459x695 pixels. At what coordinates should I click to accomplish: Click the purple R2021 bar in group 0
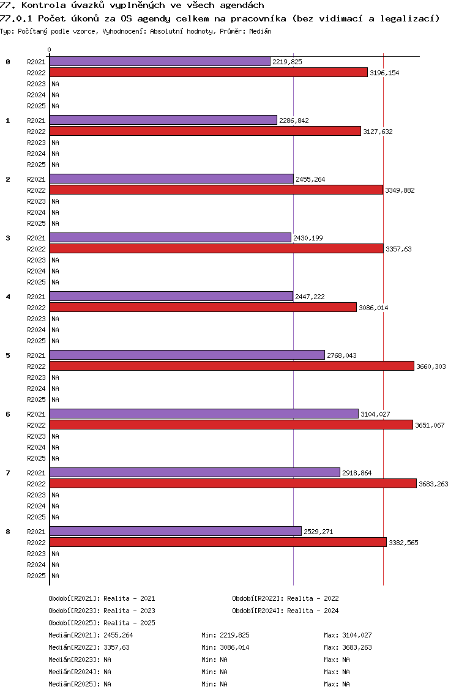coord(160,62)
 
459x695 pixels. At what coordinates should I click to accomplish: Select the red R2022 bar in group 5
coord(232,366)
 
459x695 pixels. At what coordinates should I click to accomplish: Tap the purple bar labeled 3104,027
coord(204,414)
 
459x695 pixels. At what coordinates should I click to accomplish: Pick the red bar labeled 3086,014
coord(203,308)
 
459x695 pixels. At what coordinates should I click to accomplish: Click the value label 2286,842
coord(294,121)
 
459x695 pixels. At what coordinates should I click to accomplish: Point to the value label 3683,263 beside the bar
coord(433,484)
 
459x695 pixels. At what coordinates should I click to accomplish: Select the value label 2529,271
coord(318,532)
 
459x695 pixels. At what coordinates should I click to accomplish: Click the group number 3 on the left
coord(8,238)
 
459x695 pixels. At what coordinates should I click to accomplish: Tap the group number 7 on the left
coord(8,473)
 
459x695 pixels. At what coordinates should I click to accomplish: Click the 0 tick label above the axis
coord(49,50)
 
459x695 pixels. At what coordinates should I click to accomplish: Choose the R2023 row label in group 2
coord(36,201)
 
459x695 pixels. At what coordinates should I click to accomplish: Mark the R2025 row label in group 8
coord(36,576)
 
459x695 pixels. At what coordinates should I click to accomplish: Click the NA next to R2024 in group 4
coord(56,330)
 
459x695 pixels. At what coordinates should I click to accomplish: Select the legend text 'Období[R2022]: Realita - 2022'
coord(285,598)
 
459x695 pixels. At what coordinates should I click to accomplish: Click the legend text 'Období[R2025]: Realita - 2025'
coord(102,623)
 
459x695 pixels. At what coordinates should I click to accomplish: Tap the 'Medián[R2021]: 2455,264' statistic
coord(91,635)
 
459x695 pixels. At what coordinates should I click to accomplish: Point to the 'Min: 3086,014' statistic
coord(225,647)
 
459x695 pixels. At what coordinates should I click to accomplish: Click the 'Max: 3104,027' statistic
coord(348,635)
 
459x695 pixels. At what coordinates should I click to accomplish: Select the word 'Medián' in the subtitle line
coord(260,31)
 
